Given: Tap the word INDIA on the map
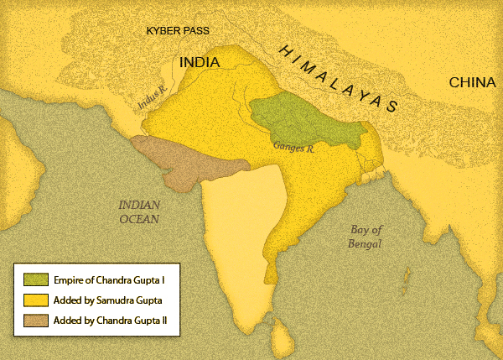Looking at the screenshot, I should [x=200, y=63].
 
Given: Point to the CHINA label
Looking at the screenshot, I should [x=473, y=82].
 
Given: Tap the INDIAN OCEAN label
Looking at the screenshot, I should [x=138, y=211].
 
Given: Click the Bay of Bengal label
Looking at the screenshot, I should [x=366, y=237].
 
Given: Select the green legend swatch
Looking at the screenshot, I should [x=34, y=279].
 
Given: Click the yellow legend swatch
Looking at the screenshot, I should [x=34, y=300].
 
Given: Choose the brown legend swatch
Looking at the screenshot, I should [x=34, y=320].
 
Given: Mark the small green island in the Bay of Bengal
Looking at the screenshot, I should [x=406, y=276].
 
